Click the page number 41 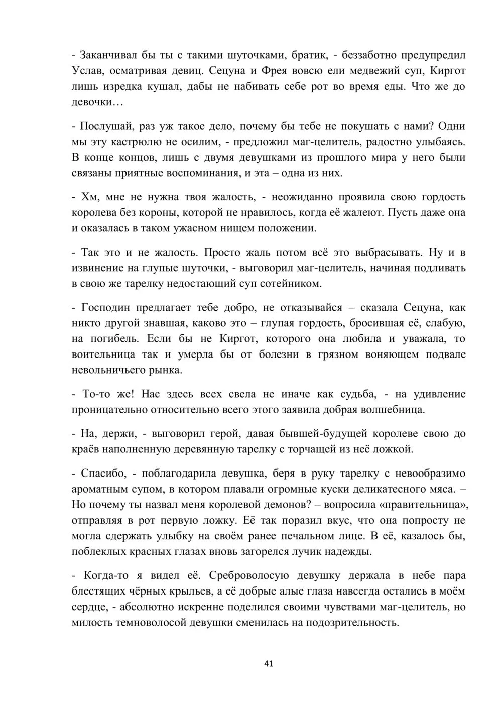tap(268, 664)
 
